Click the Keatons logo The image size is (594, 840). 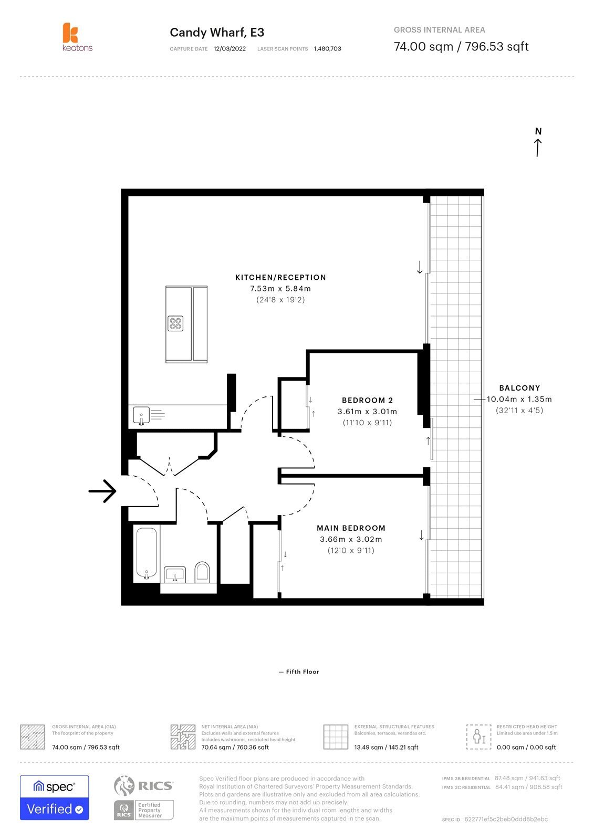77,37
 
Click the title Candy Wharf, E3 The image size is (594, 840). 217,33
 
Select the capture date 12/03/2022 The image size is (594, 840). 230,49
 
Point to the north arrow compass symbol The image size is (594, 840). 538,142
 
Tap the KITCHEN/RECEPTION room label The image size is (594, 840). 280,277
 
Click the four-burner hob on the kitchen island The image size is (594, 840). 175,323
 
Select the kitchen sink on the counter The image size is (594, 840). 141,415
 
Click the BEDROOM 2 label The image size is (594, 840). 367,400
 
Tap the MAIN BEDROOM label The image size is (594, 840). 351,528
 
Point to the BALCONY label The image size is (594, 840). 519,388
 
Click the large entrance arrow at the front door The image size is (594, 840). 102,491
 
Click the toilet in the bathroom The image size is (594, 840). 202,572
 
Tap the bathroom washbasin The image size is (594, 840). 175,574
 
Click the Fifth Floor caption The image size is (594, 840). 299,671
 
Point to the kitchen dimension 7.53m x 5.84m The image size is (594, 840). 280,288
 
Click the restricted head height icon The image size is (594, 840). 478,737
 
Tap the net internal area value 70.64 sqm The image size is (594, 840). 216,747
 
